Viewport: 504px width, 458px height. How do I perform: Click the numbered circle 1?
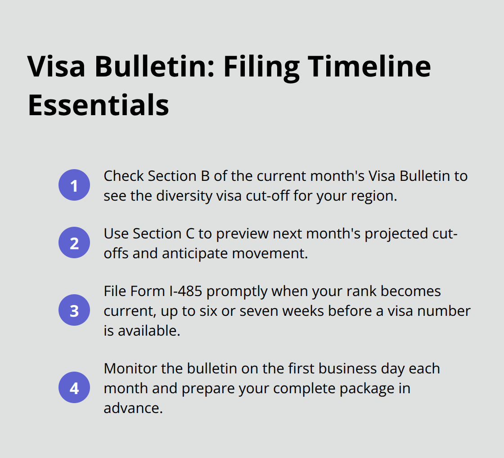pyautogui.click(x=74, y=185)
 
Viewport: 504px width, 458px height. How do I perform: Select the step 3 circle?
pyautogui.click(x=74, y=310)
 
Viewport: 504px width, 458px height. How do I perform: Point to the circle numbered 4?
pyautogui.click(x=74, y=387)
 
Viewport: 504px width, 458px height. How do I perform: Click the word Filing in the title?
pyautogui.click(x=261, y=67)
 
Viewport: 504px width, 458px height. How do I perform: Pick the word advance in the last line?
pyautogui.click(x=131, y=408)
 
